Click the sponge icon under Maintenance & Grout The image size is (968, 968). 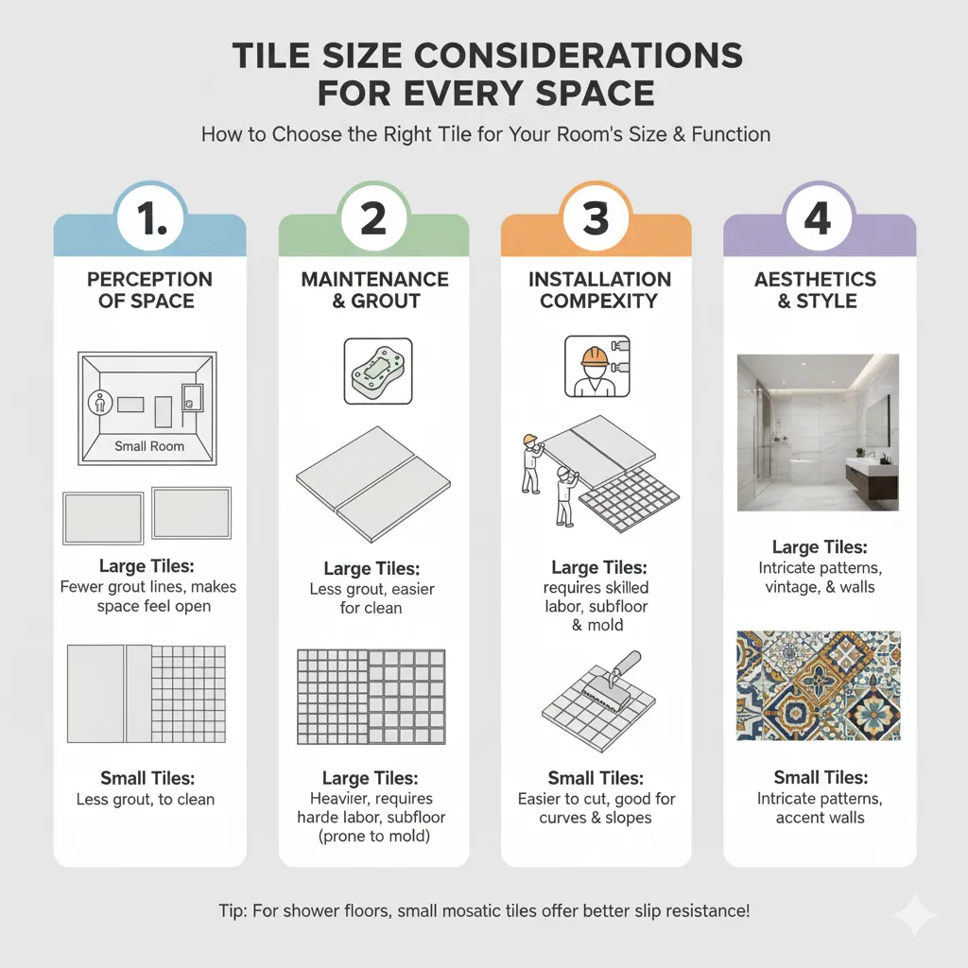(378, 371)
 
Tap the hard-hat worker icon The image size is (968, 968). (597, 366)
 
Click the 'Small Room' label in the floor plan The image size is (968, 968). (149, 446)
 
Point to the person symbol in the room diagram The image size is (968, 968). (100, 403)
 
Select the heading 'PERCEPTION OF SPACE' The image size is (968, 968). (148, 290)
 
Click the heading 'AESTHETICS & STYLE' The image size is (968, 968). (816, 290)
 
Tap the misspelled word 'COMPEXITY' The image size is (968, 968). (598, 301)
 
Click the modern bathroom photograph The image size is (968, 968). (818, 432)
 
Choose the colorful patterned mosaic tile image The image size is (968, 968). (819, 685)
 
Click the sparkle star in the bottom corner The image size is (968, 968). (916, 915)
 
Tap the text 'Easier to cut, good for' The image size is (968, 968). (596, 799)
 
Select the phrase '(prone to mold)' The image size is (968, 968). (374, 837)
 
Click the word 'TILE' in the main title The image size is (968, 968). (271, 56)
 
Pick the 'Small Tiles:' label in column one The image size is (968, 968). (147, 778)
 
